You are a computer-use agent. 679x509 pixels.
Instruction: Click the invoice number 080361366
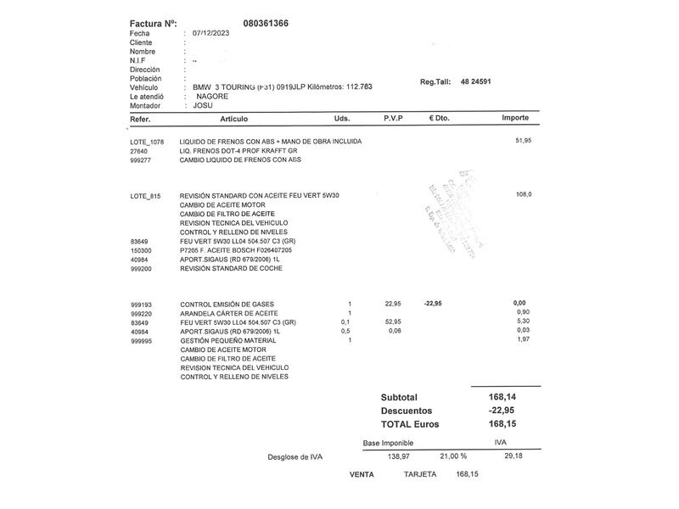coord(265,23)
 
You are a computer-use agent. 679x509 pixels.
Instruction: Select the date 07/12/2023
coord(212,33)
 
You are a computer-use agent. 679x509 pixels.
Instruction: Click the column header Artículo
coord(234,119)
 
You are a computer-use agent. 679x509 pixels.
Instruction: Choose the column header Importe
coord(515,119)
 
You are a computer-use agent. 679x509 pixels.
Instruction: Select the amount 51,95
coord(523,140)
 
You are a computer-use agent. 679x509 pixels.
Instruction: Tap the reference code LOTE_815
coord(144,195)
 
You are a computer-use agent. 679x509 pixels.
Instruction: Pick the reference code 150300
coord(141,250)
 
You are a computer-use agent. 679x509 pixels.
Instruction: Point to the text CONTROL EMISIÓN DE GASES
coord(227,304)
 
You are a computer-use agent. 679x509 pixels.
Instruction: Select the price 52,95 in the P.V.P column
coord(393,322)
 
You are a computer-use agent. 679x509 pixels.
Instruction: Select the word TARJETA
coord(420,474)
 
